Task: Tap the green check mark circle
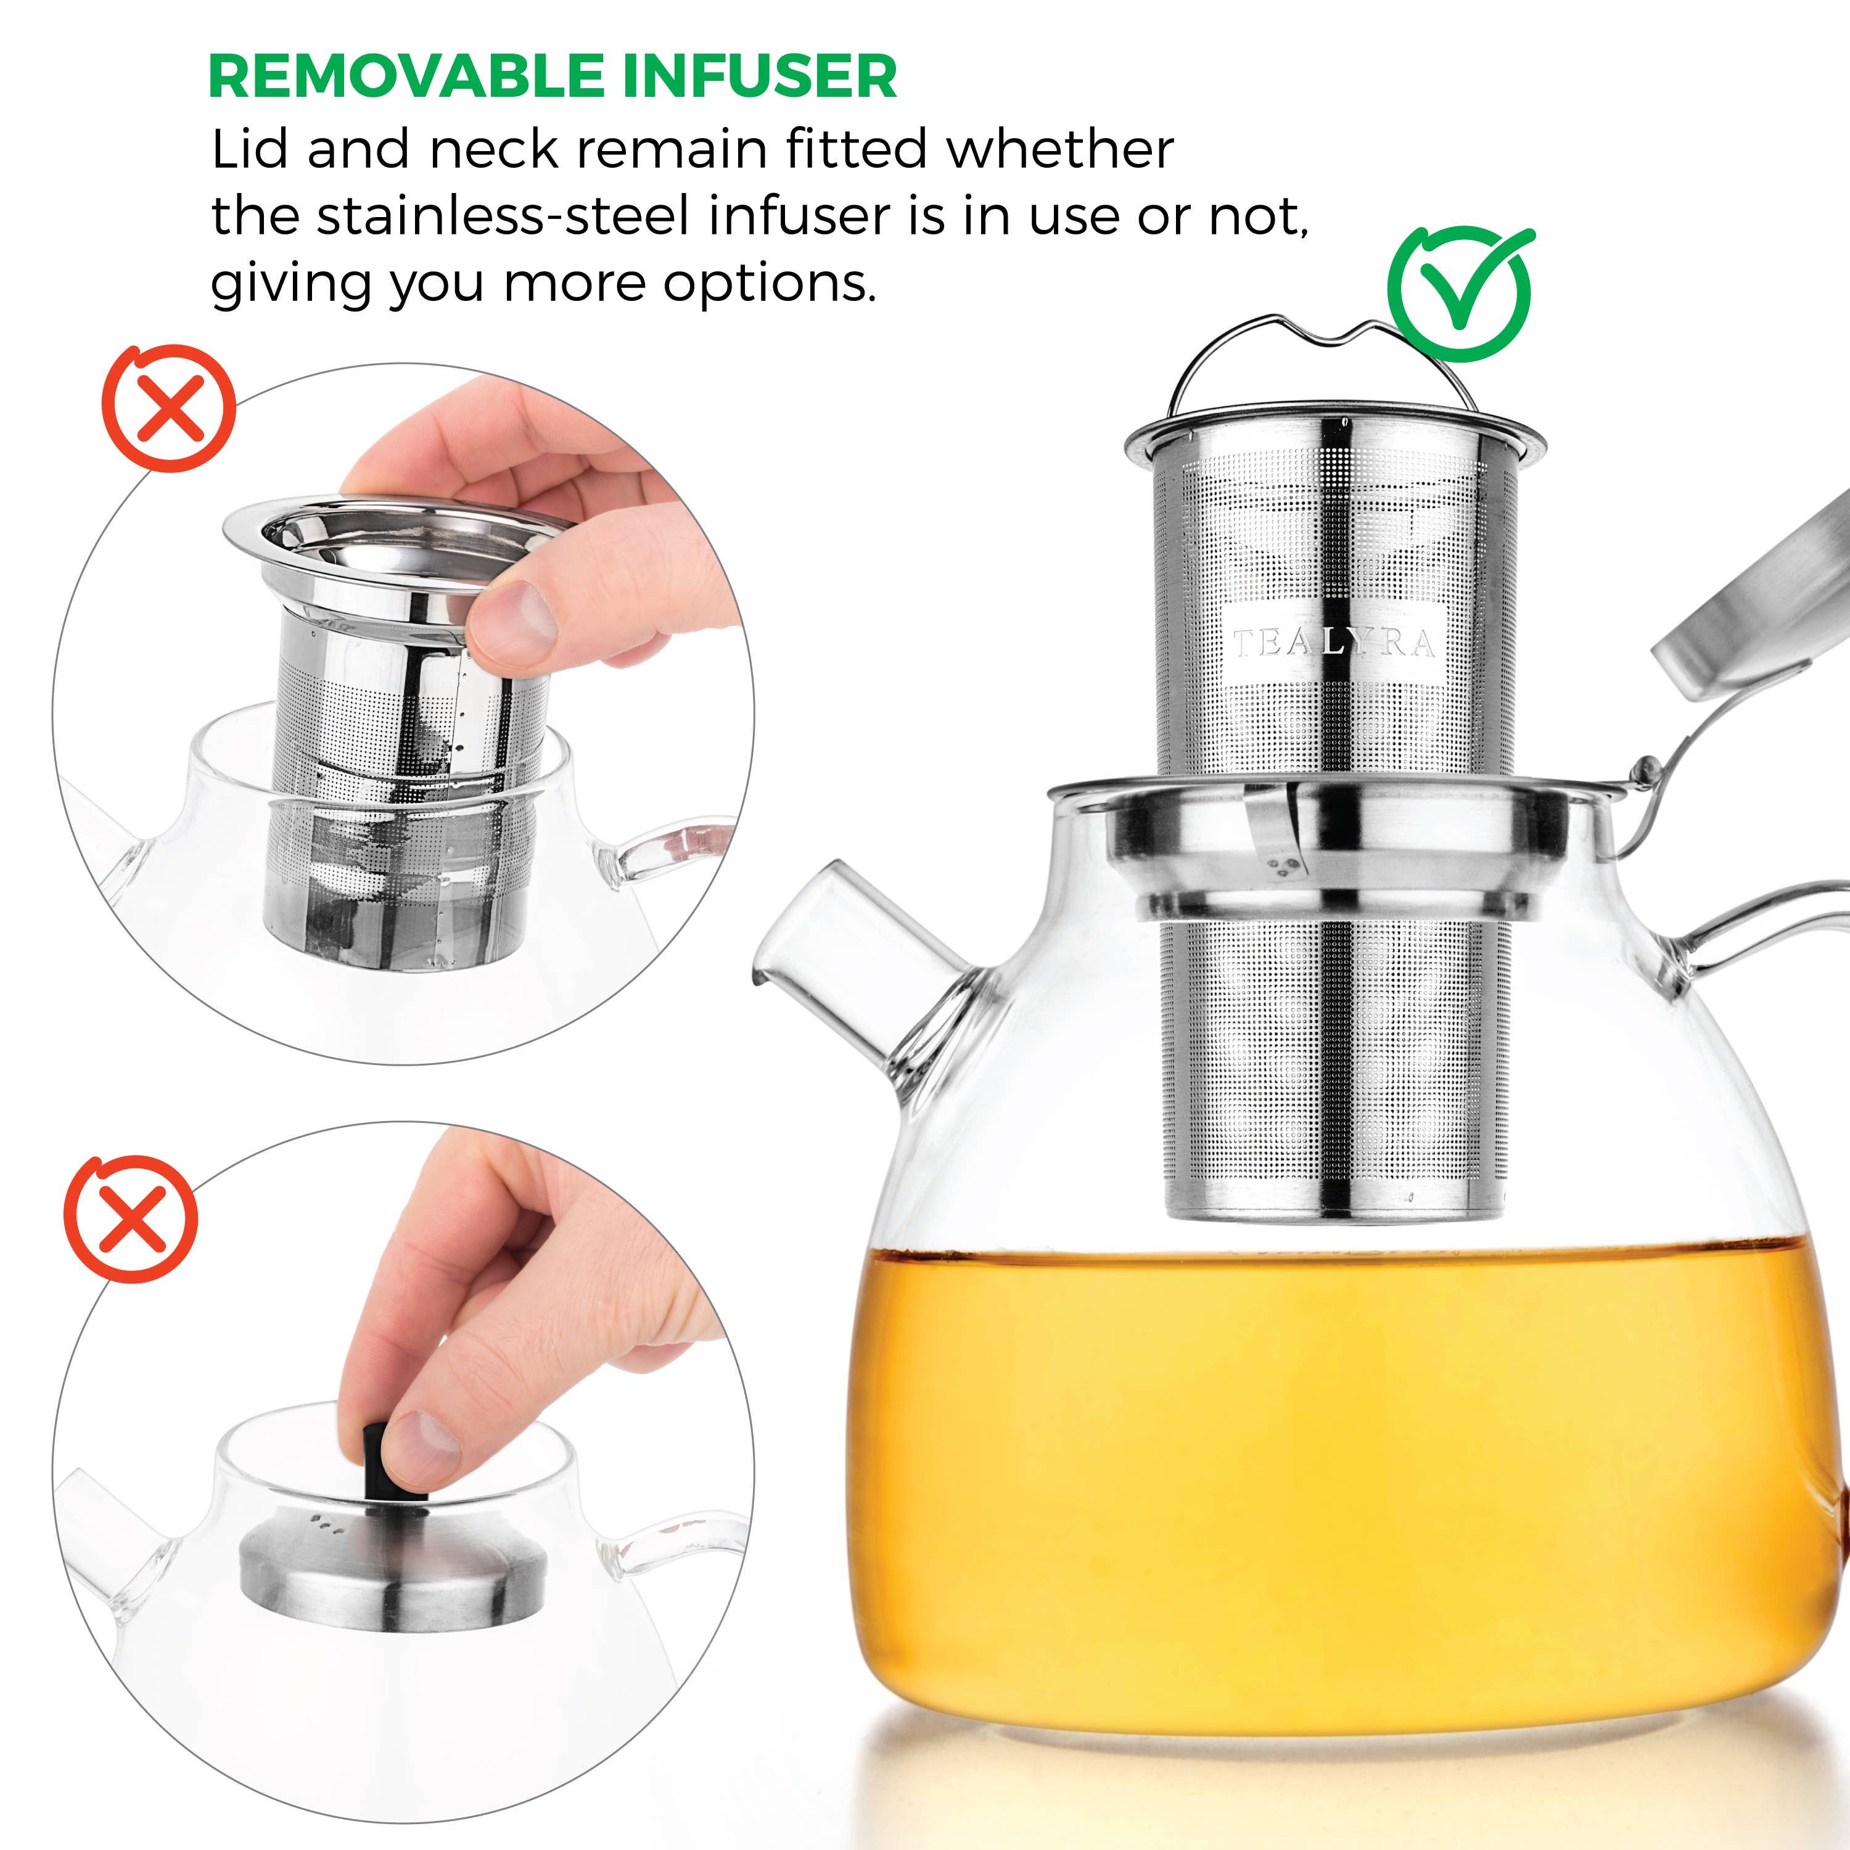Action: click(1459, 293)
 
